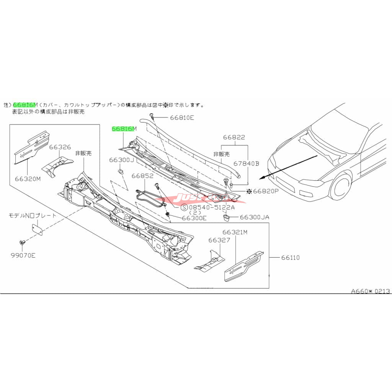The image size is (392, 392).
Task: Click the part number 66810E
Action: click(x=181, y=118)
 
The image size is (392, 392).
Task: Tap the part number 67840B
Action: click(x=247, y=163)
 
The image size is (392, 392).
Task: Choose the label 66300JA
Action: click(x=255, y=217)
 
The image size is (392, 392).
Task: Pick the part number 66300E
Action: click(x=194, y=218)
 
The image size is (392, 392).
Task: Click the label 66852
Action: click(x=142, y=176)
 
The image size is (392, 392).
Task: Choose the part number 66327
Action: click(x=219, y=240)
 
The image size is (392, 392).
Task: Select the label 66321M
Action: click(x=235, y=232)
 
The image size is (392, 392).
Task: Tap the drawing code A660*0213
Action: click(x=371, y=291)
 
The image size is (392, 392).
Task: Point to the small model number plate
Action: click(x=37, y=229)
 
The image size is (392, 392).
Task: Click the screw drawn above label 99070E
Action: click(x=22, y=242)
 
